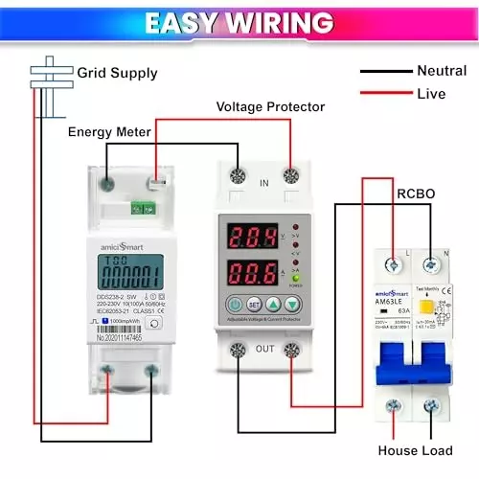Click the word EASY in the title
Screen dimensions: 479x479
pyautogui.click(x=190, y=22)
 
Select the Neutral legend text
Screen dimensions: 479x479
pyautogui.click(x=442, y=70)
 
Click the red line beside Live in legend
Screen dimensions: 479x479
pyautogui.click(x=382, y=94)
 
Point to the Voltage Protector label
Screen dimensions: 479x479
pyautogui.click(x=270, y=106)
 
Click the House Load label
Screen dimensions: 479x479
pyautogui.click(x=416, y=449)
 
